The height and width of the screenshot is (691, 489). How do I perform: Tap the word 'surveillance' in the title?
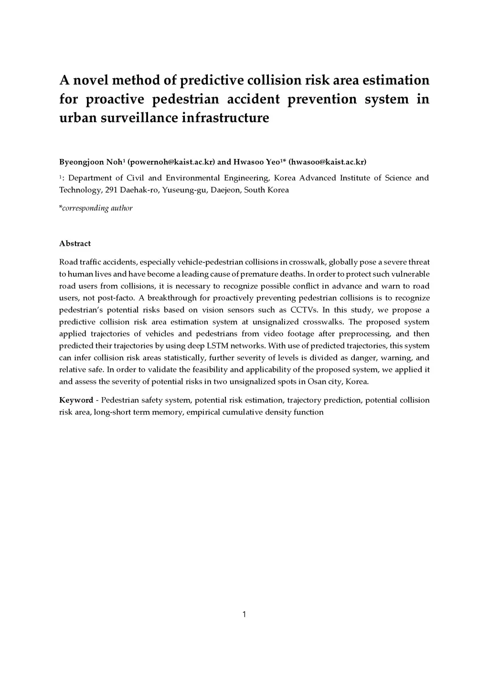pyautogui.click(x=139, y=117)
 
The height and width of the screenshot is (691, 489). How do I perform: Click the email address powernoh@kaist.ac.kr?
pyautogui.click(x=171, y=162)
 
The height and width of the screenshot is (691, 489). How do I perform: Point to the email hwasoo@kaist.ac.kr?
pyautogui.click(x=328, y=162)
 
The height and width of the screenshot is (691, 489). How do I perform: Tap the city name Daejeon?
pyautogui.click(x=226, y=190)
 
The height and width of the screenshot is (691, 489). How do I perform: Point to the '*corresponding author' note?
pyautogui.click(x=96, y=208)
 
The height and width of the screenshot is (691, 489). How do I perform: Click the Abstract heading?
pyautogui.click(x=75, y=243)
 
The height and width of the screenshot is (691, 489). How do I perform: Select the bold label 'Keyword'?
pyautogui.click(x=76, y=400)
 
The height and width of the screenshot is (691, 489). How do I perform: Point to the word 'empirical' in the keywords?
pyautogui.click(x=202, y=412)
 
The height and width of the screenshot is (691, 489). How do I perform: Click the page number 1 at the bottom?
pyautogui.click(x=244, y=614)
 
